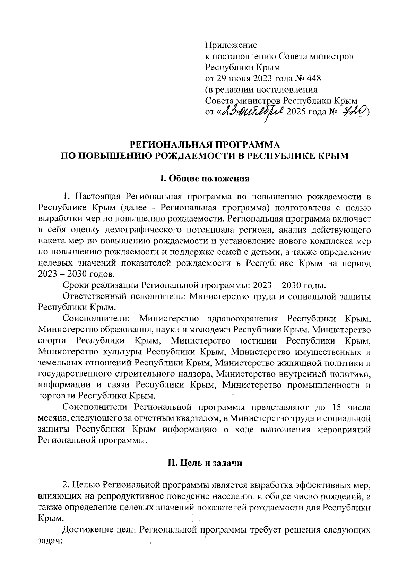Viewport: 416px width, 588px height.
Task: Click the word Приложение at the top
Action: [231, 45]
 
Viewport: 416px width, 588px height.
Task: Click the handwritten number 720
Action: [353, 111]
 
